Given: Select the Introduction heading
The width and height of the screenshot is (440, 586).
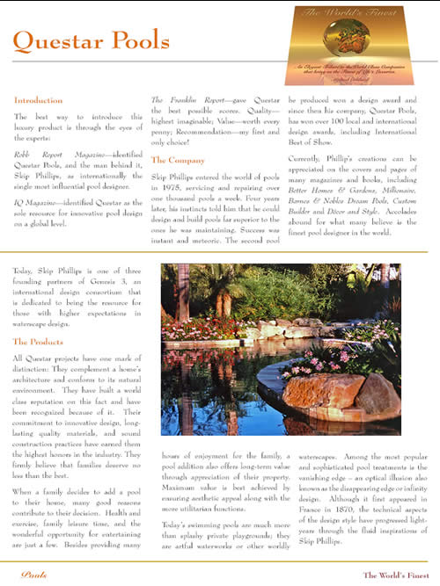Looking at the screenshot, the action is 39,100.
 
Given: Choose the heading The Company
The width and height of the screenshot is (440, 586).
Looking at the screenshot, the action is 177,161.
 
